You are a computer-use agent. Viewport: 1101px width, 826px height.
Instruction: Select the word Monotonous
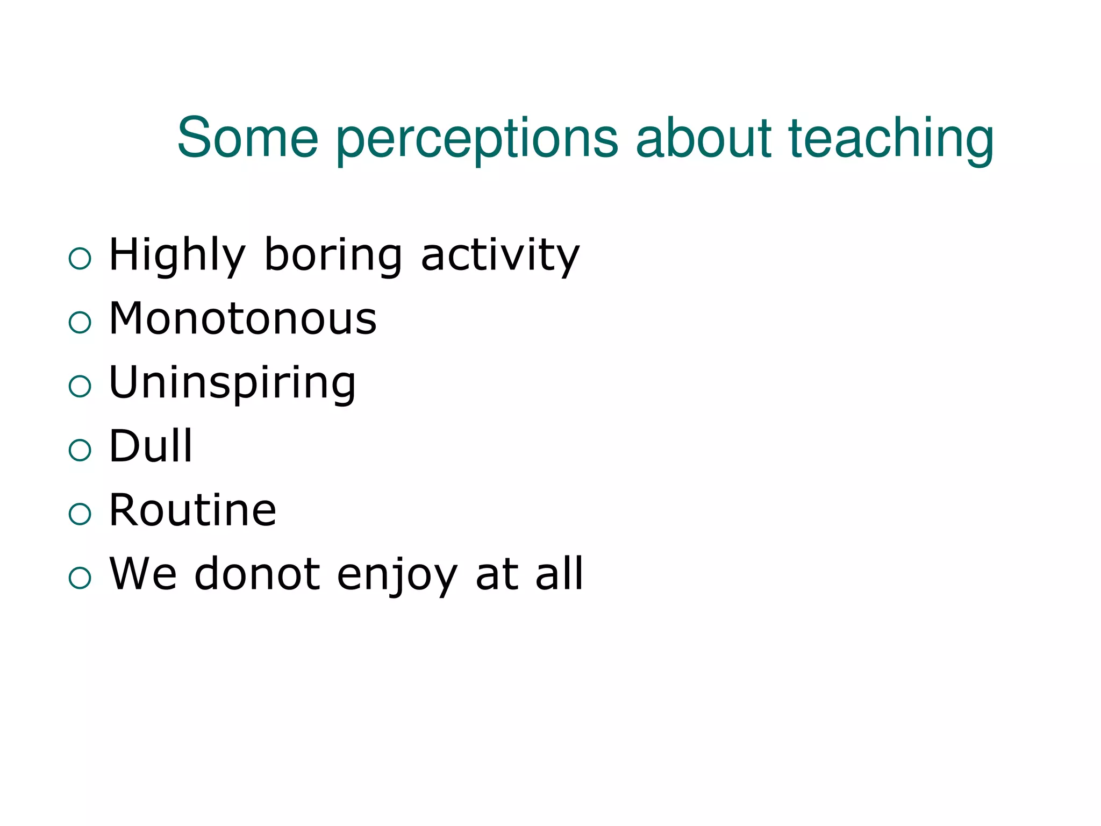coord(243,318)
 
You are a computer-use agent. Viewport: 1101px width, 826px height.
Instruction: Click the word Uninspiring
coord(232,383)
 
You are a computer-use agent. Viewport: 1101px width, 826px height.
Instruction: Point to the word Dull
coord(151,446)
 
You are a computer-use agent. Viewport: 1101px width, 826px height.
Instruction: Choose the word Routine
coord(192,510)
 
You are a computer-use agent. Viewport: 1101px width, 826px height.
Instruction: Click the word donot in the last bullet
coord(257,574)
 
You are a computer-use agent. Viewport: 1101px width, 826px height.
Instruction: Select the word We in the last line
coord(143,574)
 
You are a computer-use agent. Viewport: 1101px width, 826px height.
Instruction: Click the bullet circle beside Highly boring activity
coord(80,259)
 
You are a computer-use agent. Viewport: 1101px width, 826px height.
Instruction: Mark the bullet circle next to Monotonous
coord(80,323)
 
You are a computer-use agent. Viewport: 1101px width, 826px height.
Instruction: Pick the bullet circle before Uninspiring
coord(80,386)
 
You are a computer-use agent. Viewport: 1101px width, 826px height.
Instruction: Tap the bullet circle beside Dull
coord(80,450)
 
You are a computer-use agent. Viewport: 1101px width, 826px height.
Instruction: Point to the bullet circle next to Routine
coord(80,514)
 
